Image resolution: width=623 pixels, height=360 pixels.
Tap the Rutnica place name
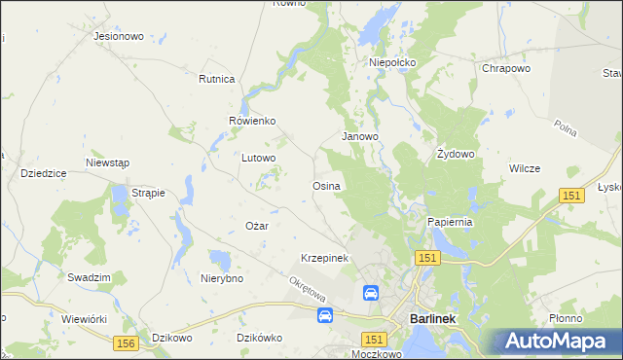click(x=217, y=79)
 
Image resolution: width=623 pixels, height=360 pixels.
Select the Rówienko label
click(x=252, y=121)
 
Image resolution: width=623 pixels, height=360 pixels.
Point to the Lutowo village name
click(x=259, y=157)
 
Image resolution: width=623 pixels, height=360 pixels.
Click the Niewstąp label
click(x=107, y=162)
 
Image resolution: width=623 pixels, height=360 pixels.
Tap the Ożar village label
click(x=256, y=226)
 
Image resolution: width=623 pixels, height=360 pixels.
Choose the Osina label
click(x=325, y=185)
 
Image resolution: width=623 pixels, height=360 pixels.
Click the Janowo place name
click(x=359, y=137)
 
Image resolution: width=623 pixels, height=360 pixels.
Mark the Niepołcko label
click(x=392, y=62)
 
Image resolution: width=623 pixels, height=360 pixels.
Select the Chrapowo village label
click(x=505, y=69)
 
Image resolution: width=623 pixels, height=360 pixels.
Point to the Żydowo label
click(x=455, y=154)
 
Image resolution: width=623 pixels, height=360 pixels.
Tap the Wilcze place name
click(x=524, y=168)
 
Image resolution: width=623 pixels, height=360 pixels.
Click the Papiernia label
click(x=450, y=222)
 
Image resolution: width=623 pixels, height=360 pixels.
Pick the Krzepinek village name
click(x=324, y=258)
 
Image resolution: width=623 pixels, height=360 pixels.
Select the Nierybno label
click(x=222, y=278)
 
